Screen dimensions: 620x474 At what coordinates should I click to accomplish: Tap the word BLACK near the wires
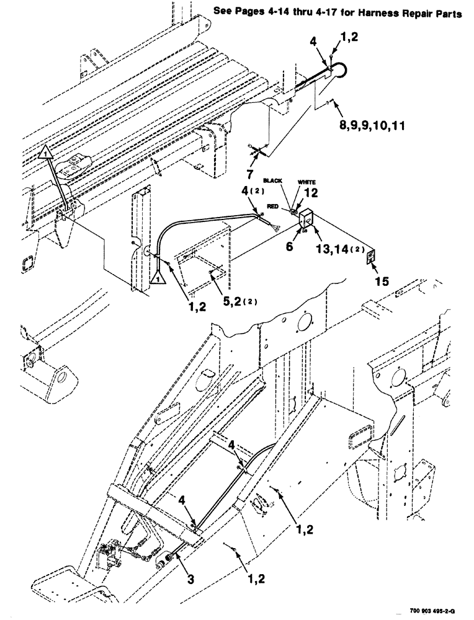pyautogui.click(x=273, y=180)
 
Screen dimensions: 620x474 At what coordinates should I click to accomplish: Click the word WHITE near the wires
pyautogui.click(x=307, y=182)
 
